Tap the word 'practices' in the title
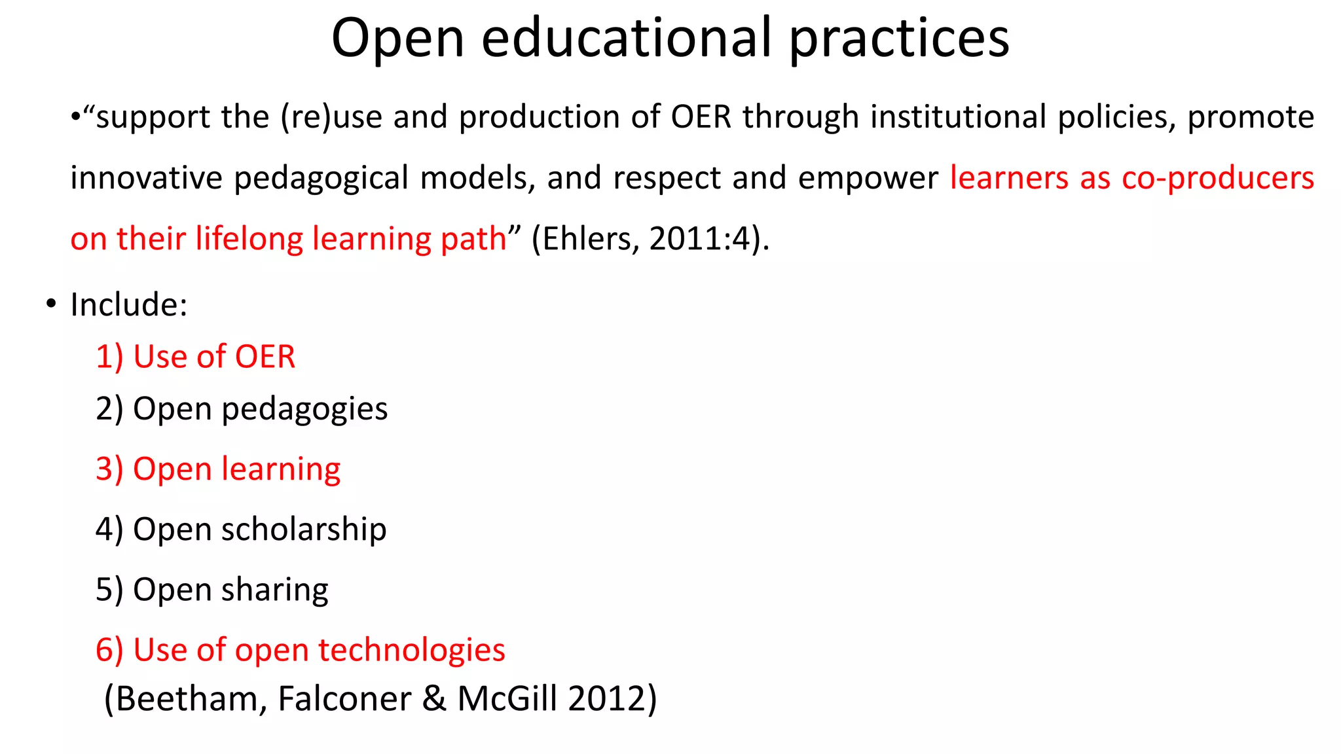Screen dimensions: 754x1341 tap(899, 38)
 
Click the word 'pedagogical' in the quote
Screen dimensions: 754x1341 tap(321, 178)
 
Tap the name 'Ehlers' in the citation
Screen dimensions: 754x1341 tap(586, 238)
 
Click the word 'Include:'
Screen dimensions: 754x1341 tap(129, 305)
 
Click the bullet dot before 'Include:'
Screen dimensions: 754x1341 tap(51, 304)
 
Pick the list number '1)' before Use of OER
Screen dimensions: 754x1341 tap(109, 357)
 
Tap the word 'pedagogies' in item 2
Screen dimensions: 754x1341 tap(304, 410)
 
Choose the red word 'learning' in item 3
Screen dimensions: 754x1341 tap(281, 470)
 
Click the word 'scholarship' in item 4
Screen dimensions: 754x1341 tap(304, 530)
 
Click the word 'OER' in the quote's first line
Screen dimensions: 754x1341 tap(701, 117)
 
